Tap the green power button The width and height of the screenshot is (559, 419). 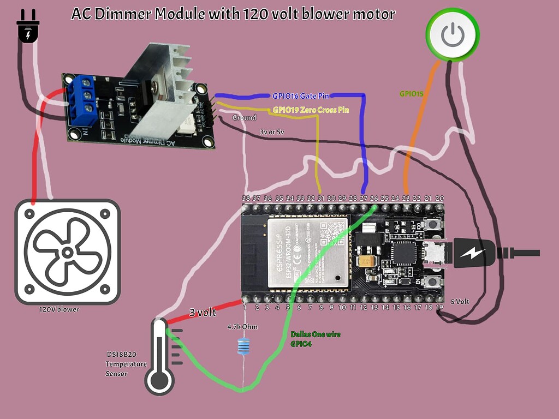click(x=452, y=35)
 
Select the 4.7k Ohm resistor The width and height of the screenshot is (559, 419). click(x=243, y=345)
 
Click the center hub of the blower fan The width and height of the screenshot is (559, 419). click(x=67, y=252)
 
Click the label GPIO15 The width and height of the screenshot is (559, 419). click(x=412, y=93)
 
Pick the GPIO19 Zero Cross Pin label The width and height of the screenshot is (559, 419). click(x=310, y=110)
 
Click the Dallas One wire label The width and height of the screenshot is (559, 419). click(x=315, y=334)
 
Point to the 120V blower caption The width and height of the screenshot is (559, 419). click(x=59, y=309)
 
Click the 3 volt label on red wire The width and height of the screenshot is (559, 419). click(x=202, y=313)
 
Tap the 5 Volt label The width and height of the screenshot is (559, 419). click(x=460, y=301)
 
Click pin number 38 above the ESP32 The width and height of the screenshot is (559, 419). click(x=246, y=199)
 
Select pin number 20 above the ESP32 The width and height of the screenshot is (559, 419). click(x=439, y=199)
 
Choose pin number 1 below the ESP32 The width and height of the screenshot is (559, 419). click(x=246, y=308)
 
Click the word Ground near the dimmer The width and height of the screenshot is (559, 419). click(x=244, y=117)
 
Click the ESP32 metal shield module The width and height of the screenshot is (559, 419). click(x=307, y=250)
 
